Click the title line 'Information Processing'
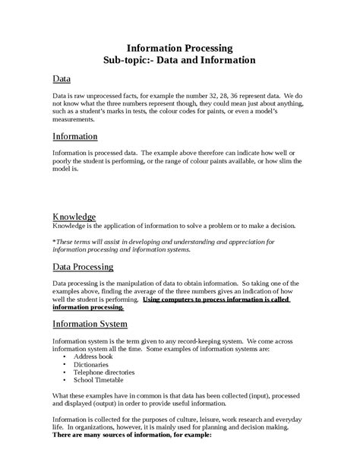click(179, 46)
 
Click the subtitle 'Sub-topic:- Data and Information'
click(179, 59)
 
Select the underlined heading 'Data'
click(62, 79)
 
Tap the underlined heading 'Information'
click(74, 136)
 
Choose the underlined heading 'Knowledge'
click(74, 216)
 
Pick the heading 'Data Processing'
click(83, 267)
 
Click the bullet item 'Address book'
click(94, 355)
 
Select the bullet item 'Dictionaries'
click(92, 364)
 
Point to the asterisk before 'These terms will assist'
click(54, 241)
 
